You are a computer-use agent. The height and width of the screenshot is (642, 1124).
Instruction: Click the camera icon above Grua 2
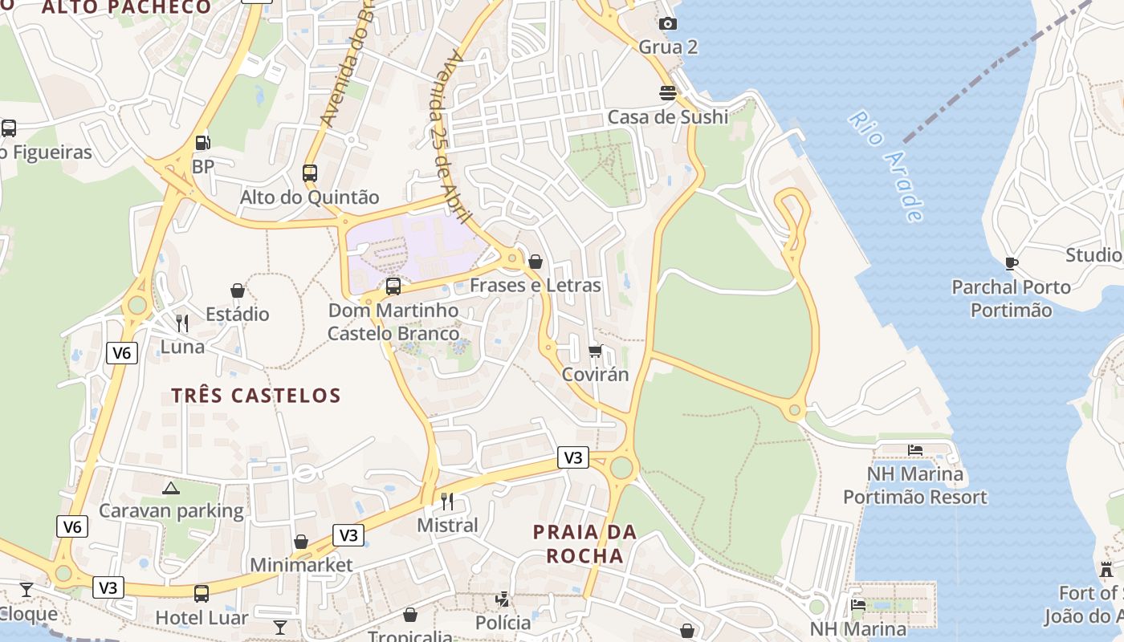[x=667, y=23]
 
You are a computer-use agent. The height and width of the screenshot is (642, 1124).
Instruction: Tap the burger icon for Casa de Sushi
[x=667, y=93]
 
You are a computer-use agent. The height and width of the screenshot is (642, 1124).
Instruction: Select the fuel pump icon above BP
[x=203, y=143]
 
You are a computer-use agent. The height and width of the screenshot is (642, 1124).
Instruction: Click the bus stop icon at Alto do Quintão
[x=309, y=173]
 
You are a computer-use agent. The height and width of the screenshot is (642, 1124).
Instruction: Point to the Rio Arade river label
[x=886, y=167]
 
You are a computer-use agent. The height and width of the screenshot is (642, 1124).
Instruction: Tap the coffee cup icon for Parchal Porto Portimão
[x=1011, y=263]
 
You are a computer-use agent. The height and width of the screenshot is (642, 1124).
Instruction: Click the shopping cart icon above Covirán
[x=595, y=351]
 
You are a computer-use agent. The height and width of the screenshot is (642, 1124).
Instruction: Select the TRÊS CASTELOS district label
[x=256, y=396]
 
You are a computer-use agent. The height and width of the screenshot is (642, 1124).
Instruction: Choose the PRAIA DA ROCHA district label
[x=584, y=544]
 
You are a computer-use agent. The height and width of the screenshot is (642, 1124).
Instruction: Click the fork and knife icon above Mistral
[x=447, y=502]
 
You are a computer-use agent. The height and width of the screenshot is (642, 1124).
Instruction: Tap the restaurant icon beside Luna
[x=182, y=323]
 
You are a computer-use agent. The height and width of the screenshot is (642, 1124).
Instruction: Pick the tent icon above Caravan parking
[x=171, y=487]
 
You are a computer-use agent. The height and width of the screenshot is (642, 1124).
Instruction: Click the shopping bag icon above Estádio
[x=237, y=290]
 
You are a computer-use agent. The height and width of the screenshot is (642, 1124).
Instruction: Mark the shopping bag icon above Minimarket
[x=301, y=542]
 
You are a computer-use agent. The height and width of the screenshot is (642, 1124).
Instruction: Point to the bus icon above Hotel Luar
[x=202, y=594]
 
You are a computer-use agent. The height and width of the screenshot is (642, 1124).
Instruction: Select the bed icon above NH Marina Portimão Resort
[x=915, y=450]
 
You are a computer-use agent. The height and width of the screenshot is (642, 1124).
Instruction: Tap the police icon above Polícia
[x=503, y=599]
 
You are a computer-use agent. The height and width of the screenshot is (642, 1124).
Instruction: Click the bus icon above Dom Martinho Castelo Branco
[x=393, y=286]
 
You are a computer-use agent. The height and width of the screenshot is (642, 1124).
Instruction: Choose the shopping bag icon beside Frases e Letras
[x=536, y=262]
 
